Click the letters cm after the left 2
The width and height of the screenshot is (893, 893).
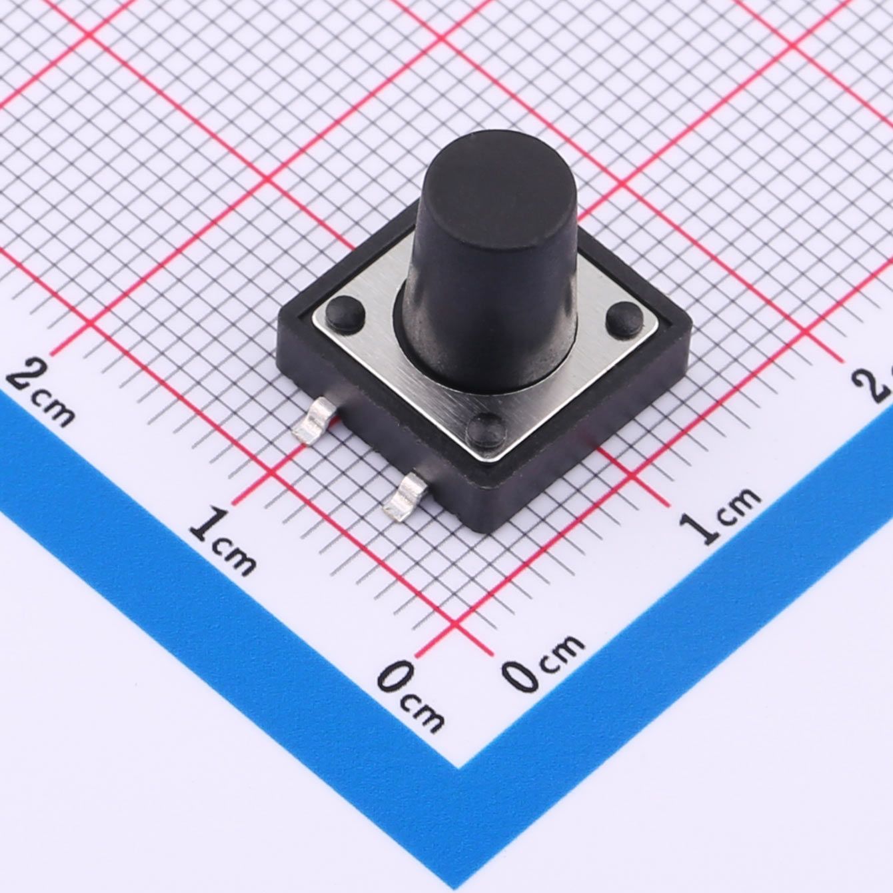[x=55, y=410]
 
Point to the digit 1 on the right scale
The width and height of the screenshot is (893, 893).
[x=699, y=526]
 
